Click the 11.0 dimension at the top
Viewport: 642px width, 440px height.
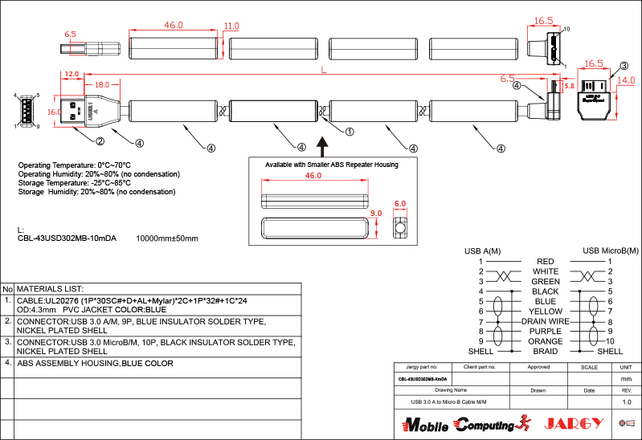pyautogui.click(x=232, y=26)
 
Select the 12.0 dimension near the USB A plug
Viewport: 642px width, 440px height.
pyautogui.click(x=72, y=74)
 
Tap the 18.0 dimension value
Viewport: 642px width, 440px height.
pyautogui.click(x=102, y=84)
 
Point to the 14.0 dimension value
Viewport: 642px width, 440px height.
pyautogui.click(x=626, y=81)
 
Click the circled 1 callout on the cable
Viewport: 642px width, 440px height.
pyautogui.click(x=349, y=130)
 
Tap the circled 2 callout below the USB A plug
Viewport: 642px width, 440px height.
pyautogui.click(x=100, y=142)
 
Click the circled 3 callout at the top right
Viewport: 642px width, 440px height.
pyautogui.click(x=624, y=65)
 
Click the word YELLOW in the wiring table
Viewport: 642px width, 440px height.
pyautogui.click(x=546, y=311)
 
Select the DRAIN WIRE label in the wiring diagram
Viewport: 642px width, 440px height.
pyautogui.click(x=546, y=321)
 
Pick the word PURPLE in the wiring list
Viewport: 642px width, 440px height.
pyautogui.click(x=546, y=331)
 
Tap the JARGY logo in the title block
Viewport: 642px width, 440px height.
pyautogui.click(x=574, y=423)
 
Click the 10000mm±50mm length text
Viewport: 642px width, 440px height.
pyautogui.click(x=167, y=238)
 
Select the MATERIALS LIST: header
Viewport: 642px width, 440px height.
pyautogui.click(x=51, y=288)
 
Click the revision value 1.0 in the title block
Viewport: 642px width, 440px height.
pyautogui.click(x=627, y=401)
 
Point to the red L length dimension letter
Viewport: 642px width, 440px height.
pyautogui.click(x=322, y=71)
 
